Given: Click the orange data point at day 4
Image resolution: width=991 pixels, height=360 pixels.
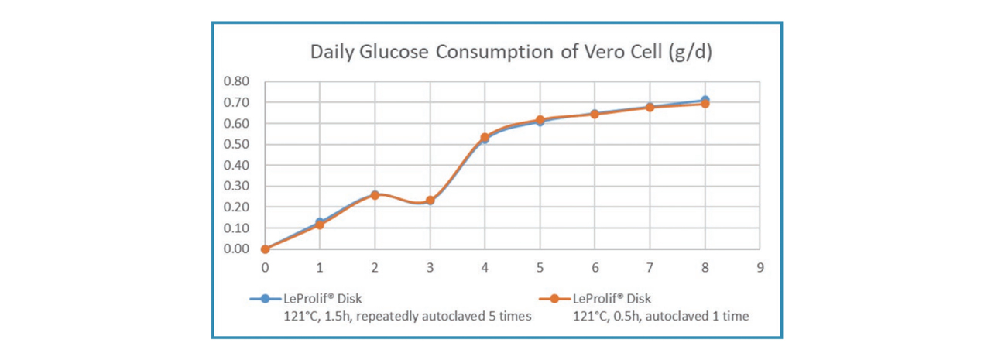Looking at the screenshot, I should [x=485, y=137].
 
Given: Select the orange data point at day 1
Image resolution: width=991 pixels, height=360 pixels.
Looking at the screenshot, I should [x=320, y=225].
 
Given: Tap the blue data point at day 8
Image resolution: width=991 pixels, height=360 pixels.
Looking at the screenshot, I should [x=705, y=100].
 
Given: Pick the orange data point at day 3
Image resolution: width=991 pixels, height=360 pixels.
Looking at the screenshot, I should [x=430, y=201].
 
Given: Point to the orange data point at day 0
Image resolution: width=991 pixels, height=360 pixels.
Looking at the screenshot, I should [x=265, y=249].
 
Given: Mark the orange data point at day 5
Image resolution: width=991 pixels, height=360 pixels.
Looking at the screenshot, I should [x=540, y=120].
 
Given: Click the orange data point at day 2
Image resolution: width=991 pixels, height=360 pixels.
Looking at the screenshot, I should [x=375, y=195].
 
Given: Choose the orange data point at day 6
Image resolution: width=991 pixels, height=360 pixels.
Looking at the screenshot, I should [x=595, y=114].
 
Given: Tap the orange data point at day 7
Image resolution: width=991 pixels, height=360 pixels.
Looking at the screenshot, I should [x=650, y=108].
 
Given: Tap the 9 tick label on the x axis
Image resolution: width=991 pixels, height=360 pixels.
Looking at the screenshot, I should [x=760, y=266].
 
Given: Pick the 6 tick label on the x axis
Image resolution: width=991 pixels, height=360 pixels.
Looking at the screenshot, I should [x=595, y=266].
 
